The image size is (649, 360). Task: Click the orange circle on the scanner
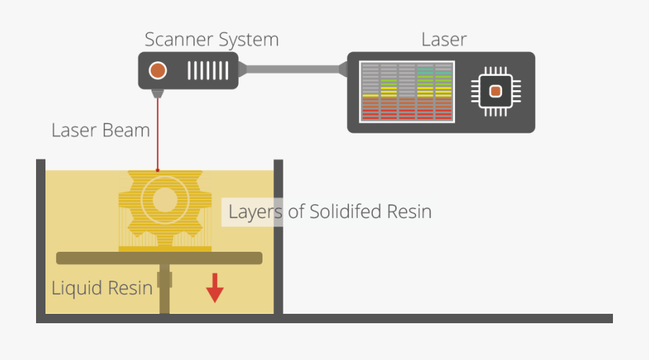point(157,71)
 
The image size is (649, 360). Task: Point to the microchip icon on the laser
point(495,92)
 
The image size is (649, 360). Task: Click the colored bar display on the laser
point(406,92)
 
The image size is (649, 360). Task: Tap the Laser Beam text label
point(100,131)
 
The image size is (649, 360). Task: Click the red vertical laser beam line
point(157,137)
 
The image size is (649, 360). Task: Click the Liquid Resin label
point(102,288)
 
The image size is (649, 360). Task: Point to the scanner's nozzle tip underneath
point(157,94)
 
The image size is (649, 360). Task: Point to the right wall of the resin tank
point(278,238)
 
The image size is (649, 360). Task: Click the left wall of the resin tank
point(41,238)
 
